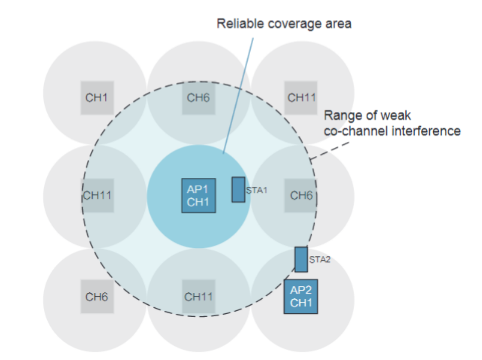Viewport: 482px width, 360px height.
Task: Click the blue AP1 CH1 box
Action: pyautogui.click(x=198, y=195)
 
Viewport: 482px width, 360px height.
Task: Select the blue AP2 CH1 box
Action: pyautogui.click(x=300, y=296)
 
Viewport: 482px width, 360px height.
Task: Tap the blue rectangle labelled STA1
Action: pyautogui.click(x=238, y=190)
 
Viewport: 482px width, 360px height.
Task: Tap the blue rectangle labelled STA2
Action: pyautogui.click(x=301, y=259)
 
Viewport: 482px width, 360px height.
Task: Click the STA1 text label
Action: pyautogui.click(x=257, y=191)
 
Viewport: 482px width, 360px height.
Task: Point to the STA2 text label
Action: pyautogui.click(x=320, y=260)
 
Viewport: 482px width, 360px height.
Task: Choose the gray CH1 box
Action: pyautogui.click(x=97, y=98)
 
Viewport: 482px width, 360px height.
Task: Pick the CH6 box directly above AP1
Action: pyautogui.click(x=198, y=98)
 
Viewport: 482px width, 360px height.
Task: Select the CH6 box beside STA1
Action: pyautogui.click(x=300, y=195)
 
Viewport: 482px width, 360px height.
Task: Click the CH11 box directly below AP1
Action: pyautogui.click(x=198, y=297)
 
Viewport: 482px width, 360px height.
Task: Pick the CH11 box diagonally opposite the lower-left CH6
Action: pyautogui.click(x=300, y=98)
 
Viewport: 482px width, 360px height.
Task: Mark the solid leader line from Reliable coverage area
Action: pyautogui.click(x=238, y=96)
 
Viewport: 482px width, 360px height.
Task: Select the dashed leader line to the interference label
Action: pyautogui.click(x=329, y=151)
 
